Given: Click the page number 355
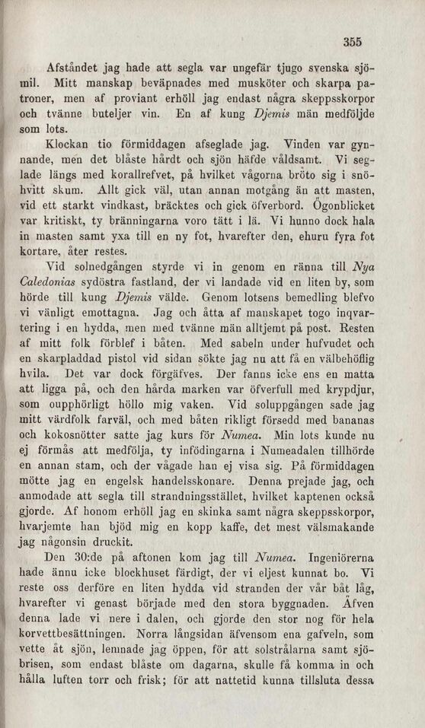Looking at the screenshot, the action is point(352,43).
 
